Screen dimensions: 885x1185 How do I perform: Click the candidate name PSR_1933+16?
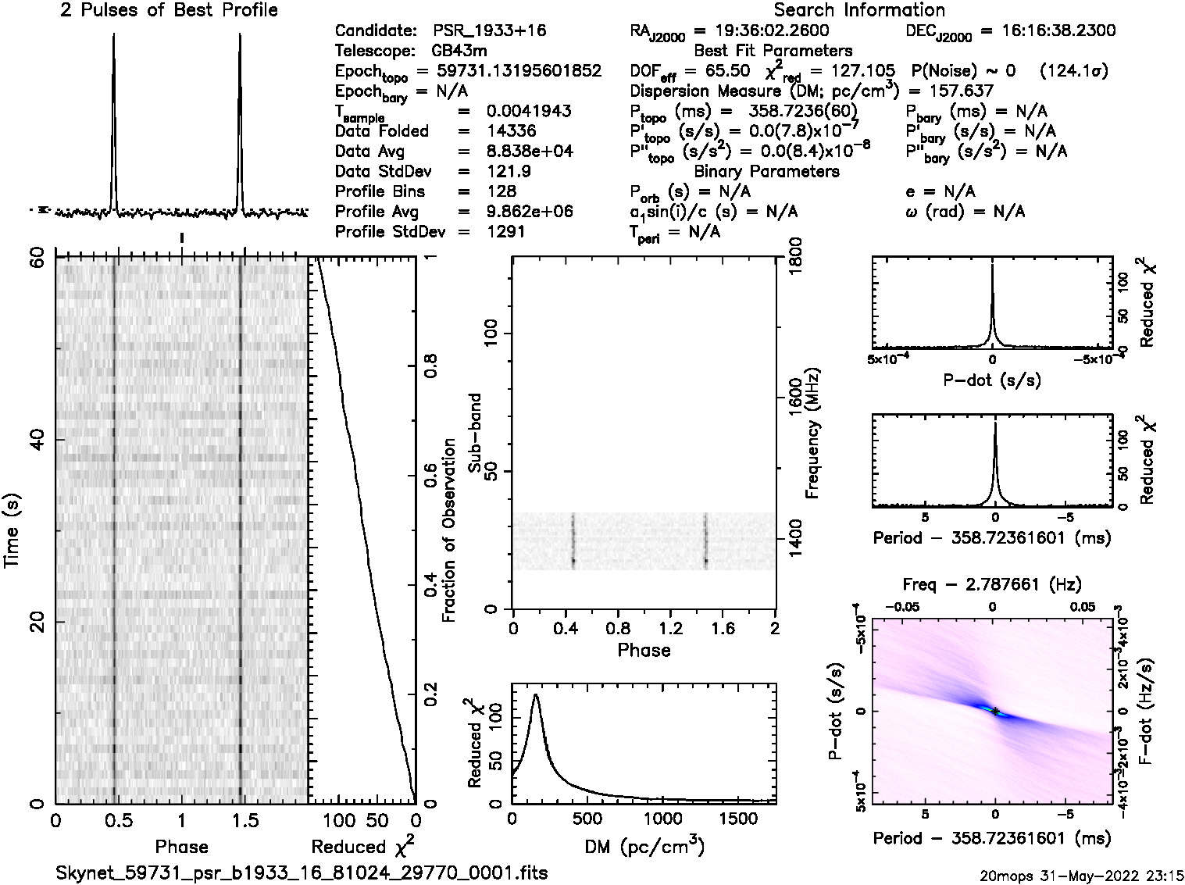(x=489, y=30)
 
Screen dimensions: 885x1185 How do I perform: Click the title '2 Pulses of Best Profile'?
(x=169, y=10)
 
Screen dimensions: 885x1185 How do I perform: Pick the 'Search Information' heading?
(x=859, y=10)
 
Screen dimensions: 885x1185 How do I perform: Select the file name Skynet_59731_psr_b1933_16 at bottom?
(x=302, y=873)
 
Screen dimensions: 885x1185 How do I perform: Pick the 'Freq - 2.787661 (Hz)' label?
(x=991, y=584)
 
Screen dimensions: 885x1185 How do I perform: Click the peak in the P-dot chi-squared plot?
(x=992, y=267)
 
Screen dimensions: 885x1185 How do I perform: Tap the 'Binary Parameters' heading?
(x=766, y=171)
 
